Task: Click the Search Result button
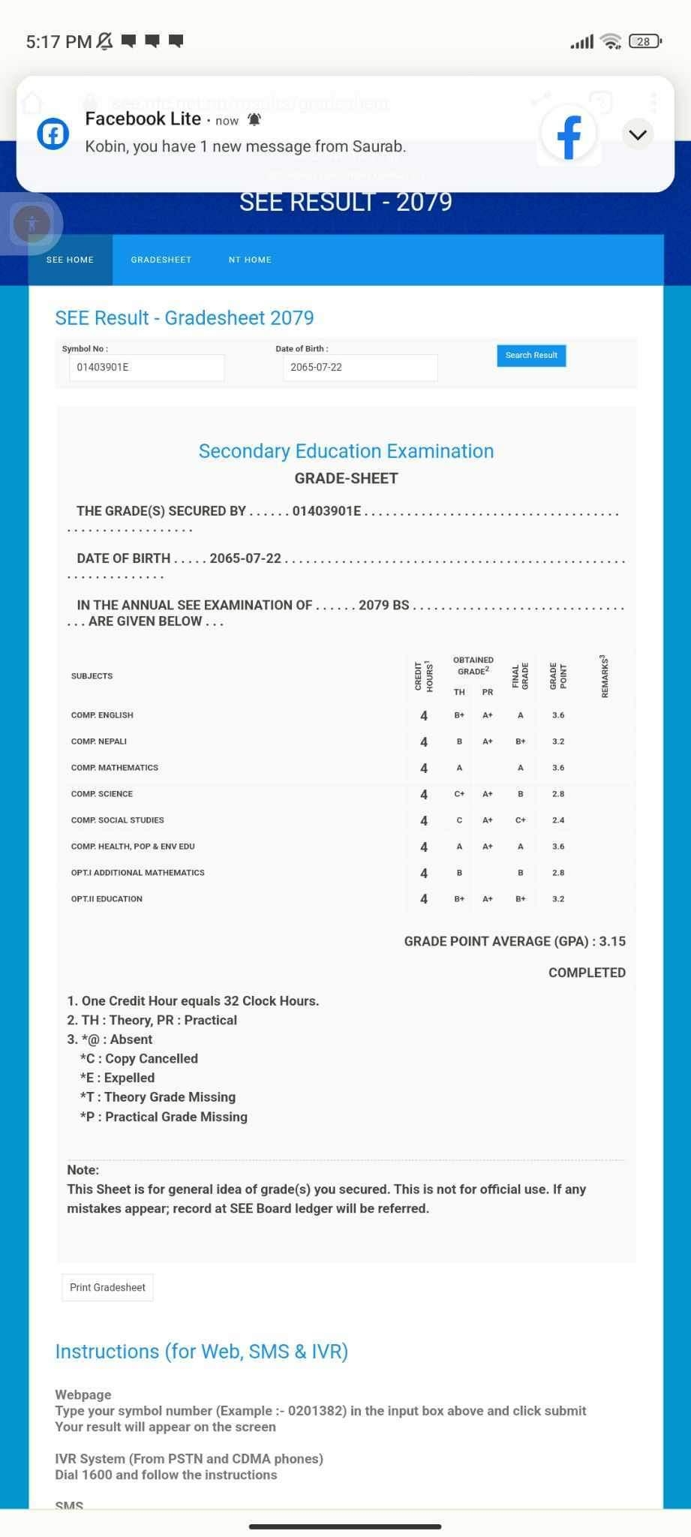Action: coord(531,356)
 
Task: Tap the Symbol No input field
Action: coord(146,368)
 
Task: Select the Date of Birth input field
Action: coord(360,368)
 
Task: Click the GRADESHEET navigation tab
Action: coord(161,260)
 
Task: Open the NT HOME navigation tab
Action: coord(250,260)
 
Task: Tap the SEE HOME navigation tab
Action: coord(70,260)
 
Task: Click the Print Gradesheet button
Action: coord(107,1287)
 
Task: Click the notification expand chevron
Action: coord(638,134)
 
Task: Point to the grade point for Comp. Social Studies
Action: coord(558,820)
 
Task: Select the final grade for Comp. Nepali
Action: coord(520,741)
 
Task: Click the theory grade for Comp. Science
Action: coord(459,794)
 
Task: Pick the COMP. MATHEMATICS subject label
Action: coord(115,768)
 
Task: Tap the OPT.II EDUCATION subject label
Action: coord(107,899)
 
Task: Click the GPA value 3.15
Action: coord(612,942)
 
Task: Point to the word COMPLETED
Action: coord(587,973)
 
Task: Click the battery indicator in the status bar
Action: coord(644,41)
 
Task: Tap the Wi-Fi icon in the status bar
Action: coord(612,41)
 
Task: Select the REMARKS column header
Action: coord(605,676)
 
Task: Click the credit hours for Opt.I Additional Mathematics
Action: coord(424,873)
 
